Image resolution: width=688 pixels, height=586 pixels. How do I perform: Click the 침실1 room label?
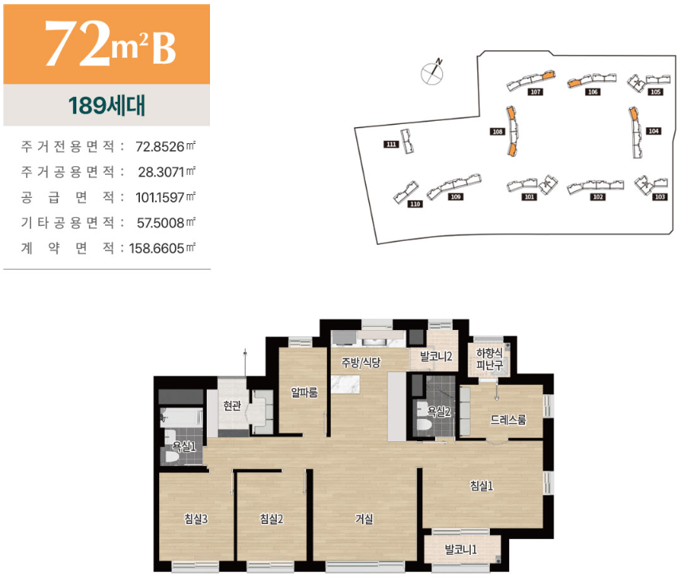point(481,486)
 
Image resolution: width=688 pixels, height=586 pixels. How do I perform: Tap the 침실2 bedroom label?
point(271,519)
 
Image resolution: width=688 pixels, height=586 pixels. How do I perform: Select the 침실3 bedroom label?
point(196,519)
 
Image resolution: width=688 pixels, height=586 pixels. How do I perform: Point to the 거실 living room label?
point(364,519)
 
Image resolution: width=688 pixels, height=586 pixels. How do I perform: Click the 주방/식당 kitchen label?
point(361,363)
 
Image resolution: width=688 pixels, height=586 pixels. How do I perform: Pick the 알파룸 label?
point(304,392)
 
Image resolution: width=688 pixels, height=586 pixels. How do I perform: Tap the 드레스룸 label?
point(507,420)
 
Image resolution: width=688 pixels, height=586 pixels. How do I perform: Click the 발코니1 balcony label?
point(461,549)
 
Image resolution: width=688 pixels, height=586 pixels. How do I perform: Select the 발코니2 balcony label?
point(436,356)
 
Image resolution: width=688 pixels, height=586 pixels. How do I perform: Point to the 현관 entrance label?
point(232,406)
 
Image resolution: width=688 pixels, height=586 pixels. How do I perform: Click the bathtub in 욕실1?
point(181,417)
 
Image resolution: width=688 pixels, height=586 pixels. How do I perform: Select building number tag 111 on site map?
point(391,144)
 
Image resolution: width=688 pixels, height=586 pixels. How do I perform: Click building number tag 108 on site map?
point(497,131)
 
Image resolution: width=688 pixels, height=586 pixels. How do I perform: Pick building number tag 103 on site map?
point(660,197)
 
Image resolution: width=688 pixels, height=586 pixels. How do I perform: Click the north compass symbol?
point(433,72)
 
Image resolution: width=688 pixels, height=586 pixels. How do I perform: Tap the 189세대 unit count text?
point(107,106)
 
